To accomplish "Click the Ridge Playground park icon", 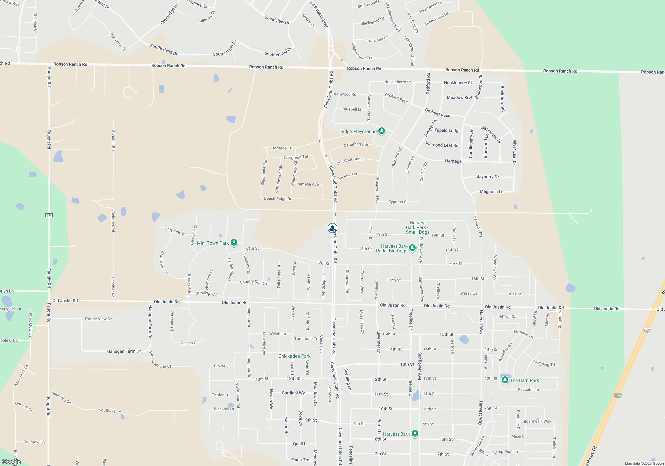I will [x=382, y=131].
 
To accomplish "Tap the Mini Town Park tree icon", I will [x=234, y=242].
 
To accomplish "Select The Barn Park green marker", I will [x=505, y=380].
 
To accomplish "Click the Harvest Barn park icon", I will [x=415, y=433].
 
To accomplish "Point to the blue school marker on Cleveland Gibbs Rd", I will [x=332, y=228].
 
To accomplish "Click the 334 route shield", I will [x=49, y=215].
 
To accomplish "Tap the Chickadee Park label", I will [x=294, y=356].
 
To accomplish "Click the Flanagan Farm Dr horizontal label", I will [x=124, y=351].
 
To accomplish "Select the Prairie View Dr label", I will [x=98, y=319].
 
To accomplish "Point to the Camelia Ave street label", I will [x=307, y=184].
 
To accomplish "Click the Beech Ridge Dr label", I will [x=278, y=199].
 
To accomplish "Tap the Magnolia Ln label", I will [x=491, y=192].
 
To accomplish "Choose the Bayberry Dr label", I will [x=487, y=177].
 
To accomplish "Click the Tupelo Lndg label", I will [x=446, y=130].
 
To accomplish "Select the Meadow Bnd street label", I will [x=459, y=98].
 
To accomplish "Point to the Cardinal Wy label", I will [x=293, y=393].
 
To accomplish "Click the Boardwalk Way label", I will [x=537, y=421].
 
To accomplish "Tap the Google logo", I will [x=11, y=462].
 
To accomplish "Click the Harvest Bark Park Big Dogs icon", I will [x=412, y=248].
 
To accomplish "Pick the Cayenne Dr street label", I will [x=176, y=231].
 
